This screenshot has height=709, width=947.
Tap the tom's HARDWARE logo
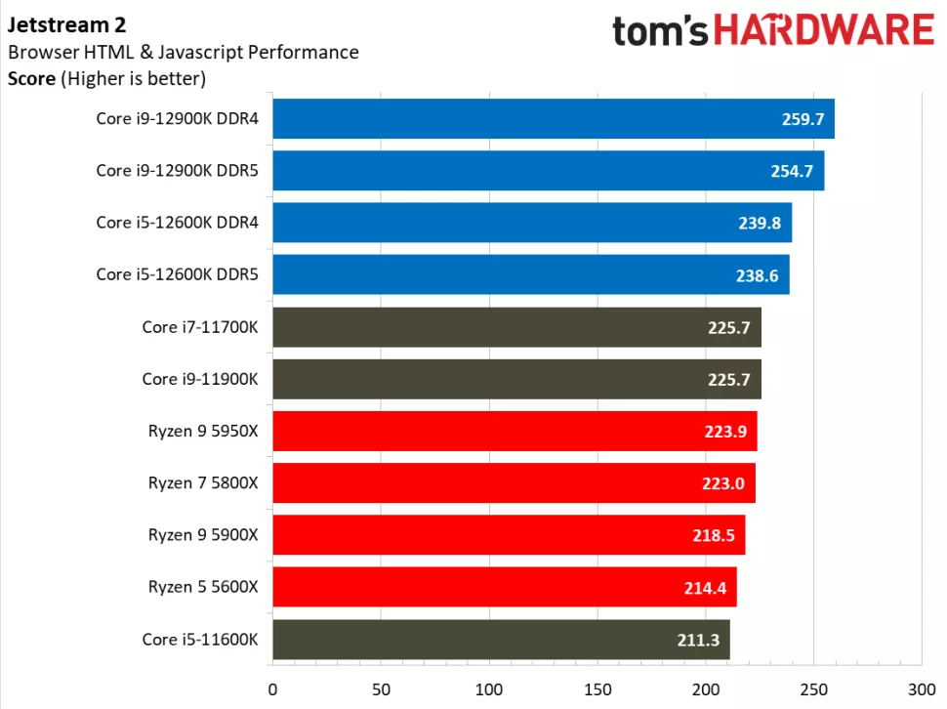tap(772, 30)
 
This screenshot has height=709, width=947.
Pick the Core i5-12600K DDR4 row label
tap(177, 223)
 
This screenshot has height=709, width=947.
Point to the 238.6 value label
tap(757, 275)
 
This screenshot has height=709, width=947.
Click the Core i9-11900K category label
tap(199, 379)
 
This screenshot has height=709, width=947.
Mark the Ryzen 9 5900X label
tap(203, 535)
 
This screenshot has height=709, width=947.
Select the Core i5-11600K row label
tap(199, 640)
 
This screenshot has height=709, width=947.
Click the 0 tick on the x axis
tap(272, 687)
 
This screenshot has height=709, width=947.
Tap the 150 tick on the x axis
tap(597, 687)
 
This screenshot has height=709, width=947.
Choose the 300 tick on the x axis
tap(921, 687)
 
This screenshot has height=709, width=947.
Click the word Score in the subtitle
tap(31, 79)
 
